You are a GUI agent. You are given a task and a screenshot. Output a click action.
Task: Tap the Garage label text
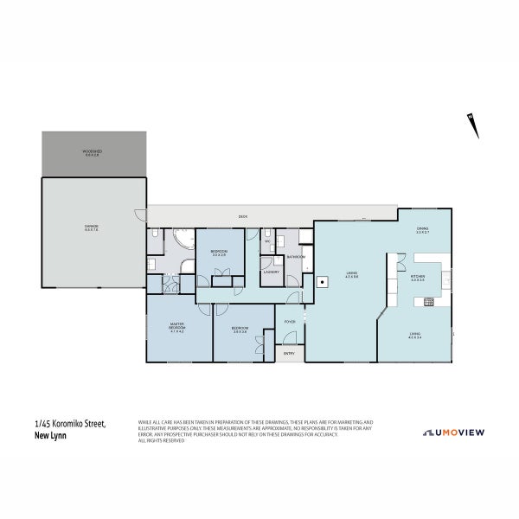[x=91, y=227]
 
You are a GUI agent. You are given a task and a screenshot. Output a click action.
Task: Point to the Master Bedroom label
[x=177, y=327]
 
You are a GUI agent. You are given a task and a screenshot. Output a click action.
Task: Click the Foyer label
[x=290, y=322]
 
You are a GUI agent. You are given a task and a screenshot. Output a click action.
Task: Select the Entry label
[x=288, y=352]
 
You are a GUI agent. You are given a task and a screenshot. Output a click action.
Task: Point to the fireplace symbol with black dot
[x=322, y=281]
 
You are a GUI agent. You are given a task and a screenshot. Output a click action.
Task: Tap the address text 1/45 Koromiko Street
[x=69, y=424]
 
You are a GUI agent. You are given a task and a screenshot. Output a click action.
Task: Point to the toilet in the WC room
[x=270, y=234]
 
